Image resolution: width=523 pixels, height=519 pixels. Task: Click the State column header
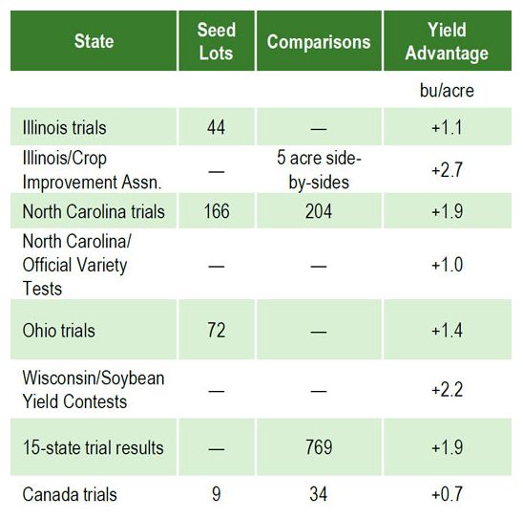coord(94,42)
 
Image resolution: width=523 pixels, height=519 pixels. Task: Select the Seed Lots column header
coord(217,42)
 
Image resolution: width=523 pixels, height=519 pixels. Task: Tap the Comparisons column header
coord(319,42)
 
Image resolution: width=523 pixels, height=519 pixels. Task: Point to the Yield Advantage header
coord(447,42)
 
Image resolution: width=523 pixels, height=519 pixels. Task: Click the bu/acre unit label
coord(447,92)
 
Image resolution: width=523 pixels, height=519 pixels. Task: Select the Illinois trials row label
coord(64,127)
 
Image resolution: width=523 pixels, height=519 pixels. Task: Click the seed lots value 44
coord(217,127)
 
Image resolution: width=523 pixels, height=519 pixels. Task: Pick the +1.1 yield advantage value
coord(447,127)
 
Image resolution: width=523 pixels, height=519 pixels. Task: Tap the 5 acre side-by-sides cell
coord(319,168)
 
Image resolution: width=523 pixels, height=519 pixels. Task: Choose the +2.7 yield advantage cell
coord(447,168)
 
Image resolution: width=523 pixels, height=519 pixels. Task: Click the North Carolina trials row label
coord(94,211)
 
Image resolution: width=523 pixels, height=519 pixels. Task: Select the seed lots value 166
coord(217,211)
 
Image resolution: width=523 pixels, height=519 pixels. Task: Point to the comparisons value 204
coord(319,211)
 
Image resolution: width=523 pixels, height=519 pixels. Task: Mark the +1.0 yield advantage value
coord(447,265)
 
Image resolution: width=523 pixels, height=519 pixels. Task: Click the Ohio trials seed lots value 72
coord(217,331)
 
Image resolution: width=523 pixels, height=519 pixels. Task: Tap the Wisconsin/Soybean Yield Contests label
coord(93,389)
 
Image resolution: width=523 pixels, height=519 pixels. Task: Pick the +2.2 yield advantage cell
coord(447,389)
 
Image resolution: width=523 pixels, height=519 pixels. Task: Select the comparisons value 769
coord(319,447)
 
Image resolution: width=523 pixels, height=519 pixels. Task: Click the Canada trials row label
coord(70,494)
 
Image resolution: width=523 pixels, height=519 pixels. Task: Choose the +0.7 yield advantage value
coord(447,494)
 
